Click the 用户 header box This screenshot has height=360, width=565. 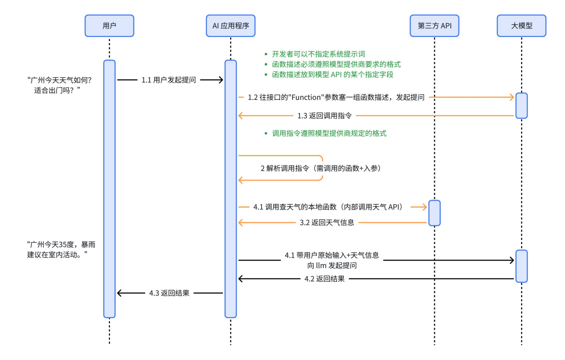(109, 26)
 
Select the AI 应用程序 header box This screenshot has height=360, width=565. (231, 26)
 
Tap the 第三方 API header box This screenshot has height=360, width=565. (434, 26)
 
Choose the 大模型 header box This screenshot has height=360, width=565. (521, 26)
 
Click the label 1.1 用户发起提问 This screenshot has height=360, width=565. (168, 80)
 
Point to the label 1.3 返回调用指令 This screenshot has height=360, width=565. (324, 116)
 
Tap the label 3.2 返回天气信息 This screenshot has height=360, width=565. (327, 223)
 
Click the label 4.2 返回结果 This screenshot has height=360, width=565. (324, 279)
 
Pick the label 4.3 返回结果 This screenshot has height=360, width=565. (169, 293)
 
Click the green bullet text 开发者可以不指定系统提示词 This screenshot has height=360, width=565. (318, 54)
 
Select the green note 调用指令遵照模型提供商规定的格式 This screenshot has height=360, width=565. (329, 133)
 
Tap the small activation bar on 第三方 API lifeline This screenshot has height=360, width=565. (434, 213)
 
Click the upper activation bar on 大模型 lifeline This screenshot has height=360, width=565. (521, 106)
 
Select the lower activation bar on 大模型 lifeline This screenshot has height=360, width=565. (521, 266)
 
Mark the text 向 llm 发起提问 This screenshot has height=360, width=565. (332, 266)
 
